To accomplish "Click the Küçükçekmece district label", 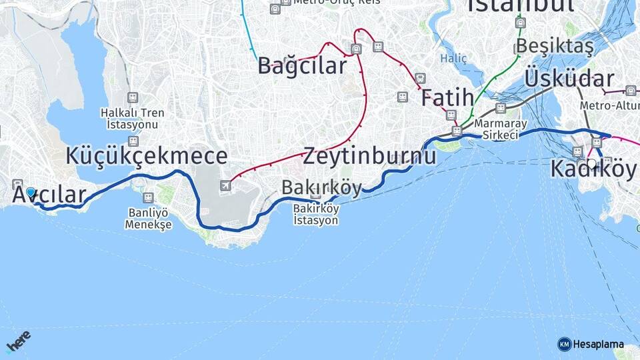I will coord(147,156).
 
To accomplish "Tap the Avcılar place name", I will coord(49,195).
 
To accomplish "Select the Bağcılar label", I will coord(303,66).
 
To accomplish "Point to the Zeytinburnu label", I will coord(370,157).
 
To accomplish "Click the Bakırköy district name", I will coord(321,188).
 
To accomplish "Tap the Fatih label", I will coord(447,97).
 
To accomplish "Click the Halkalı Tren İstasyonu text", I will coord(133,118).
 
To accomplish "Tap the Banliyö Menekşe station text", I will coord(148,219).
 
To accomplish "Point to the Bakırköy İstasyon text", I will coord(316,214).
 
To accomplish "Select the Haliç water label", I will coord(453,59).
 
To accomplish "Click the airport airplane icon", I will coord(226,185).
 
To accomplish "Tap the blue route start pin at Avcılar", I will coord(31,193).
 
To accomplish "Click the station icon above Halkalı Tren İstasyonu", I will coord(133,97).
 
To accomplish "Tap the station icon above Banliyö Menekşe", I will coord(148,198).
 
